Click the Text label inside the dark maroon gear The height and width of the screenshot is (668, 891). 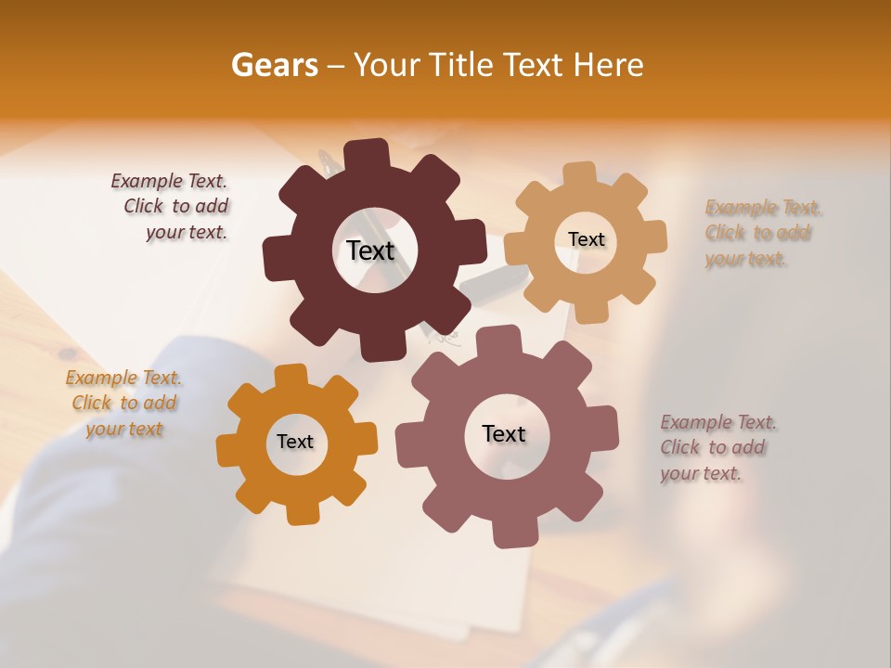click(x=370, y=250)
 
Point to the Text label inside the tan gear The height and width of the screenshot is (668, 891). click(x=586, y=239)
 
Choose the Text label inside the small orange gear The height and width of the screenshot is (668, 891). click(x=295, y=443)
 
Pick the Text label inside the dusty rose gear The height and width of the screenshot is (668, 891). click(x=504, y=434)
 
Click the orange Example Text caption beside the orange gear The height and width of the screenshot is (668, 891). click(x=123, y=404)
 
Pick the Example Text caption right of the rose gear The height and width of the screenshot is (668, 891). click(x=717, y=448)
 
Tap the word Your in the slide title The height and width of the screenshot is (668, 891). click(x=387, y=65)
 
